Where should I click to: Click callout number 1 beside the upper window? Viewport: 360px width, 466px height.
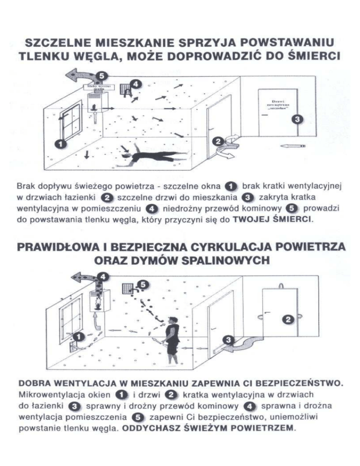point(60,144)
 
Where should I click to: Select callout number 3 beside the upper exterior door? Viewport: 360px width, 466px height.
point(296,120)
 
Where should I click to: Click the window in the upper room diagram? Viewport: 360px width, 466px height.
point(71,124)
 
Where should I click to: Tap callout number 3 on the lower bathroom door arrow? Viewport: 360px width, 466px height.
point(229,339)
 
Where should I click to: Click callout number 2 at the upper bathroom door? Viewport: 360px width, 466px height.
point(217,141)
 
